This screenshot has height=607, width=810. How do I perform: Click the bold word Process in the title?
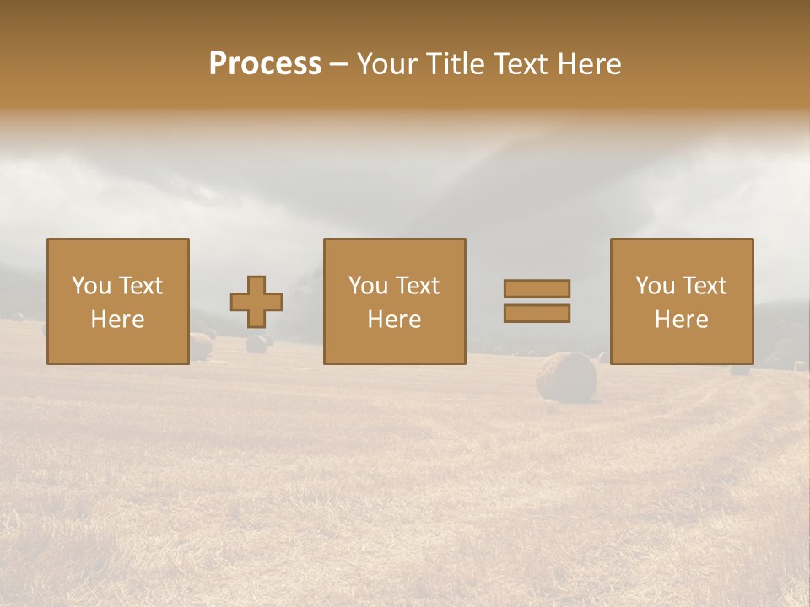coord(265,64)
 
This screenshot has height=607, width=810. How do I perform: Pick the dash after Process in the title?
coord(339,65)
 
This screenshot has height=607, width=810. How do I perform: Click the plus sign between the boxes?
coord(256,302)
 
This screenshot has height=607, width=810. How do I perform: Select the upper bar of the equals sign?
coord(537,288)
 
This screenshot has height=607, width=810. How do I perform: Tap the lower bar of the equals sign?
coord(537,314)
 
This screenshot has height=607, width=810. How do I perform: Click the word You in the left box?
coord(91,286)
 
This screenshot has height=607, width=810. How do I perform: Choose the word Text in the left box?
coord(140,286)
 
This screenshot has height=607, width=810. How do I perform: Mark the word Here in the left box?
coord(117,320)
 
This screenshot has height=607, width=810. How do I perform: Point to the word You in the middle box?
coord(368,286)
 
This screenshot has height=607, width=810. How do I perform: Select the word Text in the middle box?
coord(417,286)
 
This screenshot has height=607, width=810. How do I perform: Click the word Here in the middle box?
coord(394,320)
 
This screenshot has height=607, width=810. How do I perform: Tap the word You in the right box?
coord(655,286)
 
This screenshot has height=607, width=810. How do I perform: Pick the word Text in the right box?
coord(704,286)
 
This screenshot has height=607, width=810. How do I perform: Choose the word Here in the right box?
coord(681,320)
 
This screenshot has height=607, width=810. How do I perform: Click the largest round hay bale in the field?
coord(566,376)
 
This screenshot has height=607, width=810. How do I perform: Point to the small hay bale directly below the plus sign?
coord(256,343)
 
